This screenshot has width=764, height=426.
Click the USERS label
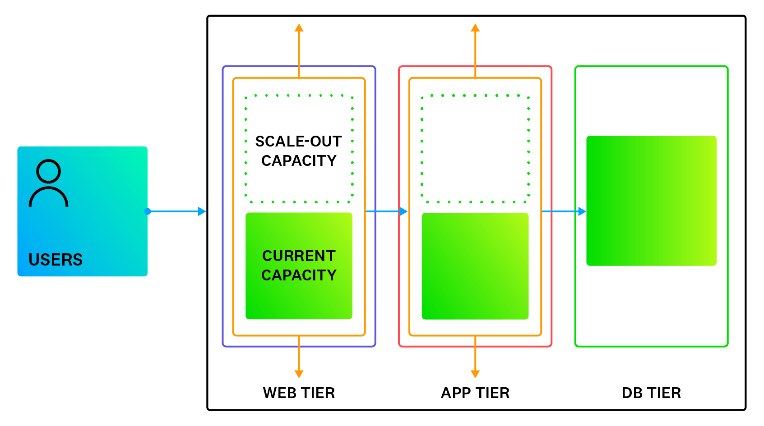pyautogui.click(x=56, y=260)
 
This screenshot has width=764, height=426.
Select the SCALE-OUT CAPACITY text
pyautogui.click(x=299, y=151)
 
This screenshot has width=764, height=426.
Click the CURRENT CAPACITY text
pyautogui.click(x=299, y=266)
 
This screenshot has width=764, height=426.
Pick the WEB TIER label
pyautogui.click(x=299, y=393)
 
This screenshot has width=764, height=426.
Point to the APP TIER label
pyautogui.click(x=475, y=393)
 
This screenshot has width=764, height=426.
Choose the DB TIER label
pyautogui.click(x=651, y=393)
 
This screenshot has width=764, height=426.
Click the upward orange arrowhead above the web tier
pyautogui.click(x=299, y=28)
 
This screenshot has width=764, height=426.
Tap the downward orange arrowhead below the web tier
pyautogui.click(x=299, y=374)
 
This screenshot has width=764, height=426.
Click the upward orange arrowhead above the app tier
pyautogui.click(x=475, y=28)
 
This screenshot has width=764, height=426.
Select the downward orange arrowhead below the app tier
pyautogui.click(x=475, y=374)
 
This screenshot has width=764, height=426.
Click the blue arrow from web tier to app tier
pyautogui.click(x=386, y=211)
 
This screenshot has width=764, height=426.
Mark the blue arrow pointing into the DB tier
pyautogui.click(x=564, y=211)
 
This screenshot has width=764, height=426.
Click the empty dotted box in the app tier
pyautogui.click(x=475, y=149)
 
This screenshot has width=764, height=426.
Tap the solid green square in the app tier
pyautogui.click(x=475, y=266)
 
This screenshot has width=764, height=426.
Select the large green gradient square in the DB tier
pyautogui.click(x=651, y=201)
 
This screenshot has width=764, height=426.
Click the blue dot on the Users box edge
pyautogui.click(x=148, y=211)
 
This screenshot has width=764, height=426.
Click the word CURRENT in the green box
pyautogui.click(x=299, y=256)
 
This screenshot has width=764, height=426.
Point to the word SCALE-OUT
pyautogui.click(x=299, y=141)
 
